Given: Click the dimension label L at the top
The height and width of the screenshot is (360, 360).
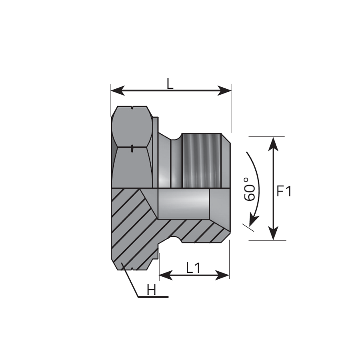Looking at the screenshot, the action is click(170, 84).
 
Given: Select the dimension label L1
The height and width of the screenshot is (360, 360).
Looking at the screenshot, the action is click(193, 268).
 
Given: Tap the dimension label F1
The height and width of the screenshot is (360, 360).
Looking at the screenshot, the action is click(284, 191).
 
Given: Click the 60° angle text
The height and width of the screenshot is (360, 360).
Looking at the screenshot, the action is click(249, 189).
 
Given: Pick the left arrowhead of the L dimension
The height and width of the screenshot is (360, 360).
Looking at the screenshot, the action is click(118, 91).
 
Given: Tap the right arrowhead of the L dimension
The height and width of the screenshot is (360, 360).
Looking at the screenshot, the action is click(224, 91).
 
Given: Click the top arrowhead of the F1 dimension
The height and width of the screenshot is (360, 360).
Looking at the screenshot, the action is click(273, 144).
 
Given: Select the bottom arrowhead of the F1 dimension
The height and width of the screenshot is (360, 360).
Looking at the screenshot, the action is click(273, 233).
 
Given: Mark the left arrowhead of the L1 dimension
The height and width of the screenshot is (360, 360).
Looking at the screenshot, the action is click(166, 275).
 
